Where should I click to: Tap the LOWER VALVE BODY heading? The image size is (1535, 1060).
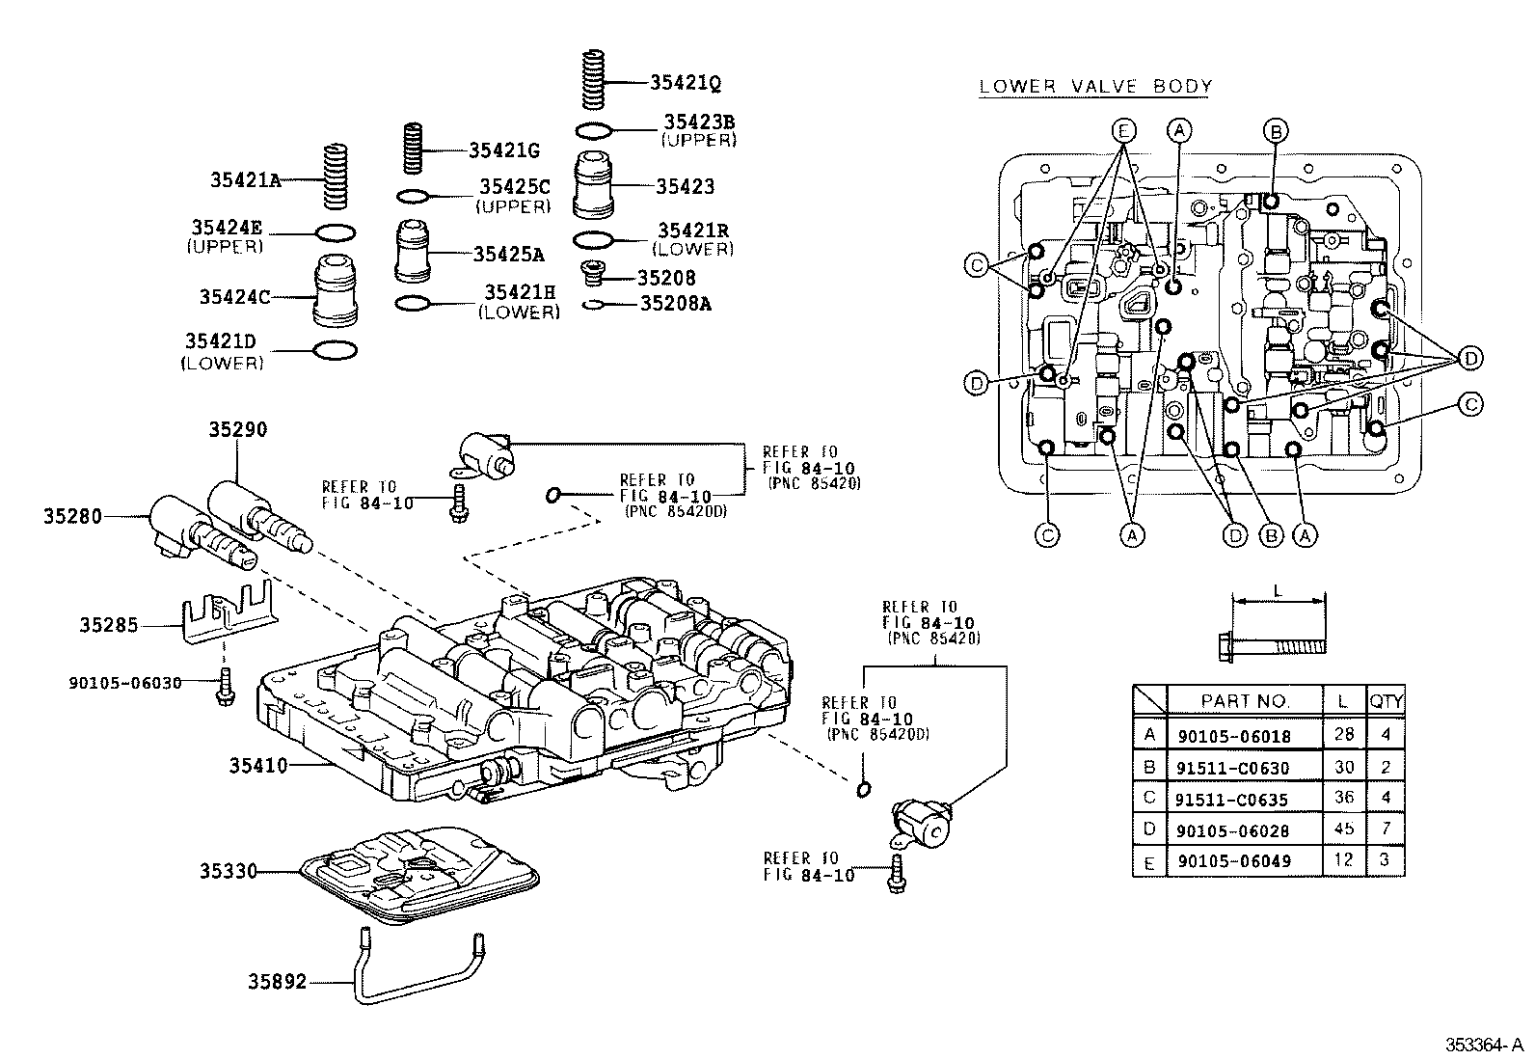(1095, 87)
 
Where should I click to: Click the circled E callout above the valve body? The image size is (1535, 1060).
(1123, 129)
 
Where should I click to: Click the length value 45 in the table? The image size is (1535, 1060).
(1343, 829)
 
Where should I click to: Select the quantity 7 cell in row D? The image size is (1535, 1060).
(1386, 829)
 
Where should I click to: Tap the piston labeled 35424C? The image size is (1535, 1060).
(338, 290)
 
